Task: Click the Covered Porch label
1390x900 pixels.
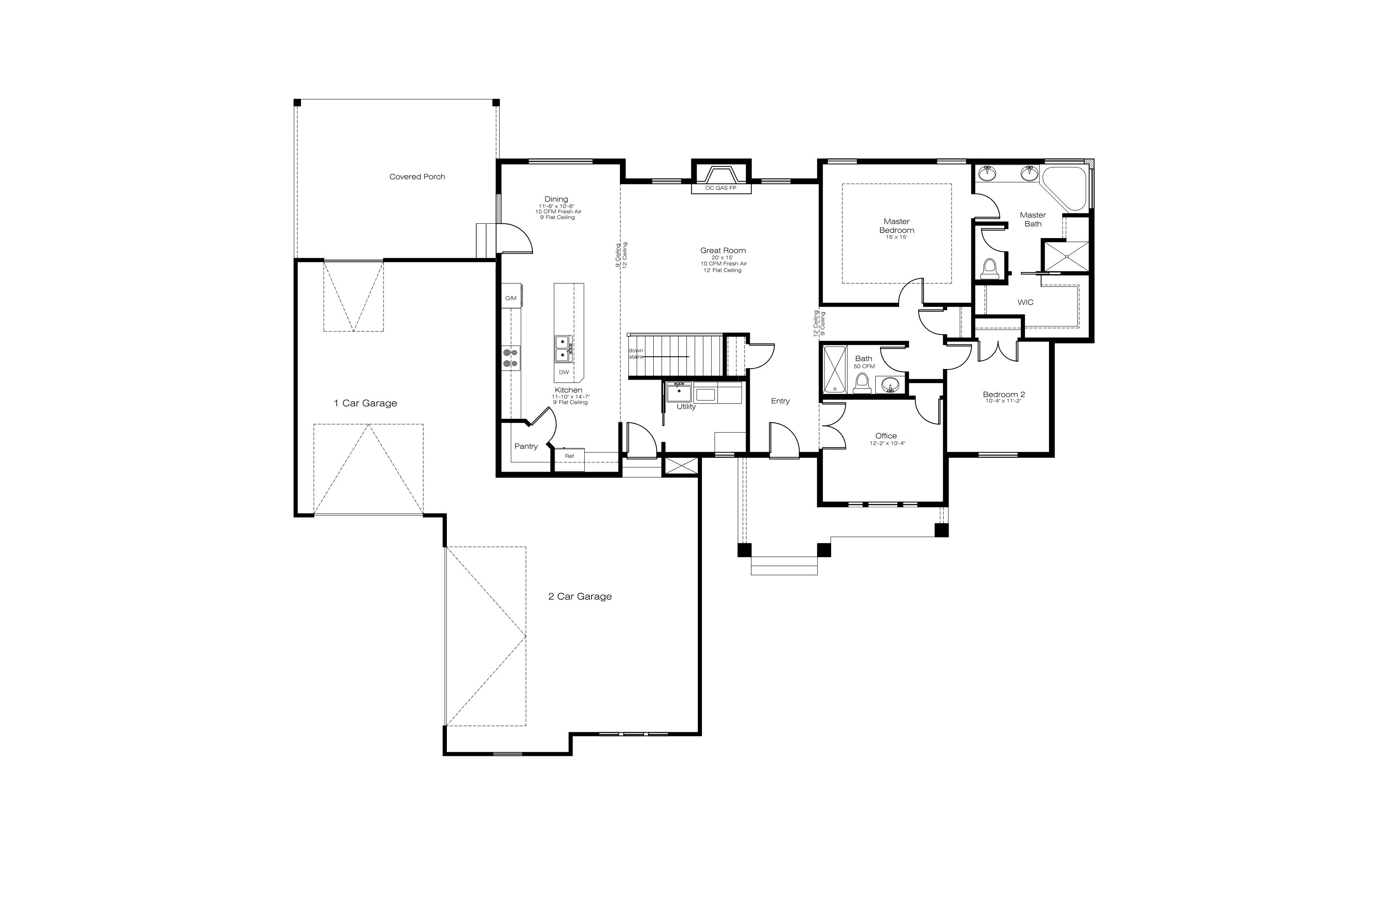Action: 417,176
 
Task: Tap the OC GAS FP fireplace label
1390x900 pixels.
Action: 721,188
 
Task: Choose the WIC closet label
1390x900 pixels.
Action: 1026,302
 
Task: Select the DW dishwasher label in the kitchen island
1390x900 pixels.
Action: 564,372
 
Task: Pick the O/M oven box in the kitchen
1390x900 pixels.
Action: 511,299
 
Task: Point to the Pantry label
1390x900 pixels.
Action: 526,446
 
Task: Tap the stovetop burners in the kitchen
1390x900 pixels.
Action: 511,358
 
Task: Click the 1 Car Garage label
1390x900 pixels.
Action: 365,403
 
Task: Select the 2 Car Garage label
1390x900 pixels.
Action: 580,597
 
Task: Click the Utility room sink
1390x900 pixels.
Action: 679,392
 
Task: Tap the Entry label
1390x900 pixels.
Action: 780,401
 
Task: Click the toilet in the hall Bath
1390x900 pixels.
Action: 862,383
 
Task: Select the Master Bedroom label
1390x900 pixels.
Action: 897,225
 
